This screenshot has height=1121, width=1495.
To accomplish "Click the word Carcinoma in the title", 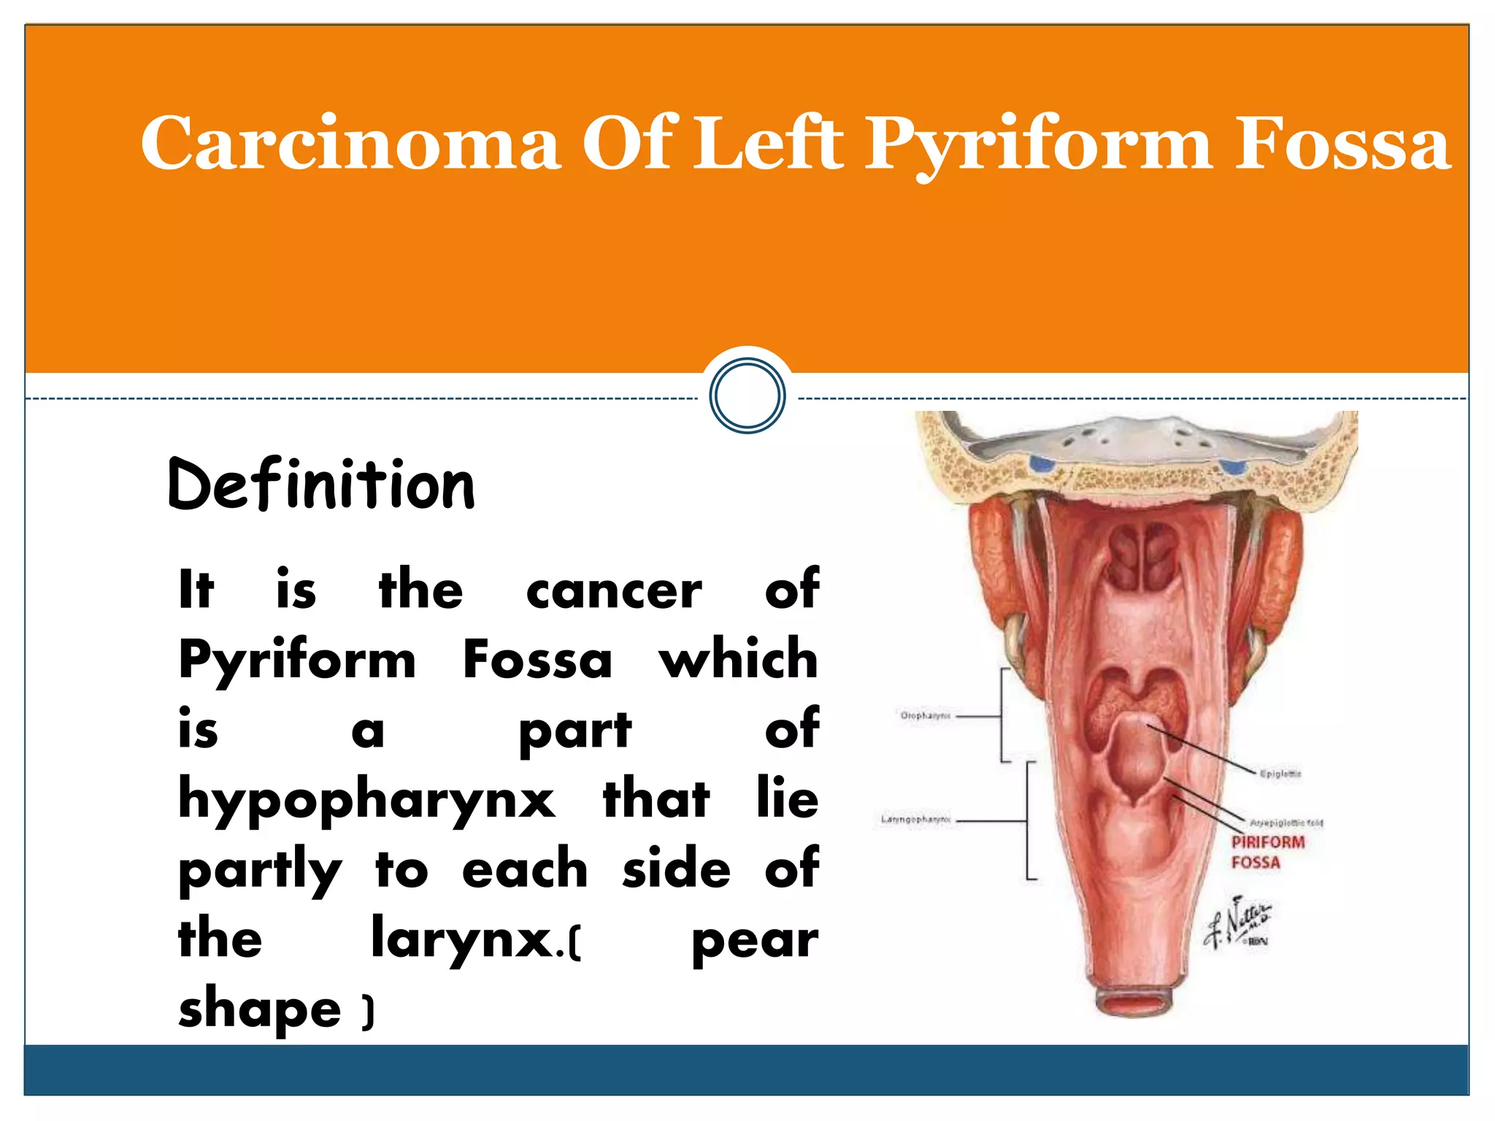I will pyautogui.click(x=350, y=143).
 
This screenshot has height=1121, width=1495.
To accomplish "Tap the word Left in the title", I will pyautogui.click(x=767, y=143).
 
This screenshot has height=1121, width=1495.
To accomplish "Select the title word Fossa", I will pyautogui.click(x=1342, y=143).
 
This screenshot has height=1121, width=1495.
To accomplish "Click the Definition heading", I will pyautogui.click(x=321, y=485).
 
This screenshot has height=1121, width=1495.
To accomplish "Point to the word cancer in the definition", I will pyautogui.click(x=613, y=590).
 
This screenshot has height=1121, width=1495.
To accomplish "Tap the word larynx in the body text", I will pyautogui.click(x=461, y=939).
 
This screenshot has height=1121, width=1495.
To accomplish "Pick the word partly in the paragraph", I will pyautogui.click(x=260, y=871).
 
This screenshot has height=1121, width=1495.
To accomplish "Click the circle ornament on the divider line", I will pyautogui.click(x=747, y=396).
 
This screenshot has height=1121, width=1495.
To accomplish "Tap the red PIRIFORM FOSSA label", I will pyautogui.click(x=1267, y=852).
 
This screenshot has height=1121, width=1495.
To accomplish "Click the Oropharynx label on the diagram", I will pyautogui.click(x=925, y=716).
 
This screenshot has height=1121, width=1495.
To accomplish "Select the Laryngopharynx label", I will pyautogui.click(x=915, y=820).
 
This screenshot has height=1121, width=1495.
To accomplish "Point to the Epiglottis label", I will pyautogui.click(x=1280, y=774).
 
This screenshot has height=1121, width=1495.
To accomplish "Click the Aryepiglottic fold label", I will pyautogui.click(x=1286, y=823).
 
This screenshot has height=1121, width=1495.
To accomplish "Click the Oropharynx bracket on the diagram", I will pyautogui.click(x=1003, y=715).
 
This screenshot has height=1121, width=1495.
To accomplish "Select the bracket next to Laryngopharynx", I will pyautogui.click(x=1029, y=820).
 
